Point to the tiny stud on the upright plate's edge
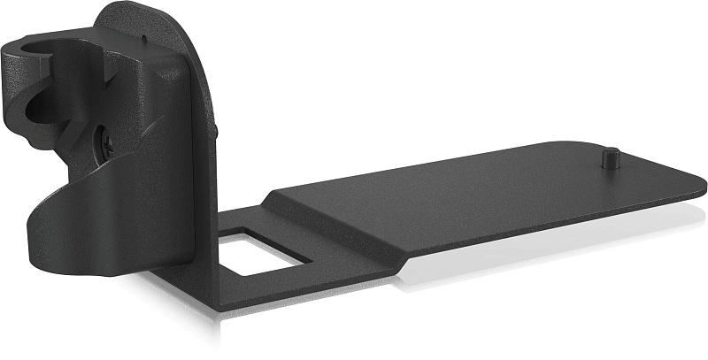click(216, 132)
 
